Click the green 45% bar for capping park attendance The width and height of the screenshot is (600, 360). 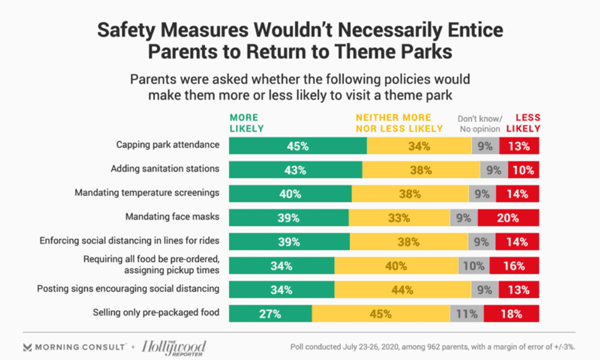click(x=298, y=146)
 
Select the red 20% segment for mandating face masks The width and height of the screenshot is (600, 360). click(x=508, y=217)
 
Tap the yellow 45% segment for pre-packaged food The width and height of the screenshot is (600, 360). click(x=381, y=313)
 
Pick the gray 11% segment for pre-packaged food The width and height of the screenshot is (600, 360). click(x=467, y=313)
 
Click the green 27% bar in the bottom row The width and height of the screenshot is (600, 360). click(x=270, y=313)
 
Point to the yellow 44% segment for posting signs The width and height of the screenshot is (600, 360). click(x=402, y=290)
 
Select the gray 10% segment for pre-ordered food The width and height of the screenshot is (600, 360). click(x=473, y=266)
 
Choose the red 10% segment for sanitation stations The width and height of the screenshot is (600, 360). click(x=523, y=170)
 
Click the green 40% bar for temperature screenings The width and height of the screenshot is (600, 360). click(x=290, y=193)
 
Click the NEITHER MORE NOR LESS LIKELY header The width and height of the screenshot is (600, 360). click(x=399, y=122)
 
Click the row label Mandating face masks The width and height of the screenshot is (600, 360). click(x=172, y=216)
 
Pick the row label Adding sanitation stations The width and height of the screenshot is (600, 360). click(x=165, y=168)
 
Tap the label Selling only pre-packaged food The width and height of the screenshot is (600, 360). click(x=156, y=312)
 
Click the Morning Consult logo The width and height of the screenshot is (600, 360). click(x=73, y=347)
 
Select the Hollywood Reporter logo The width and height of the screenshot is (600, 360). click(x=174, y=347)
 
